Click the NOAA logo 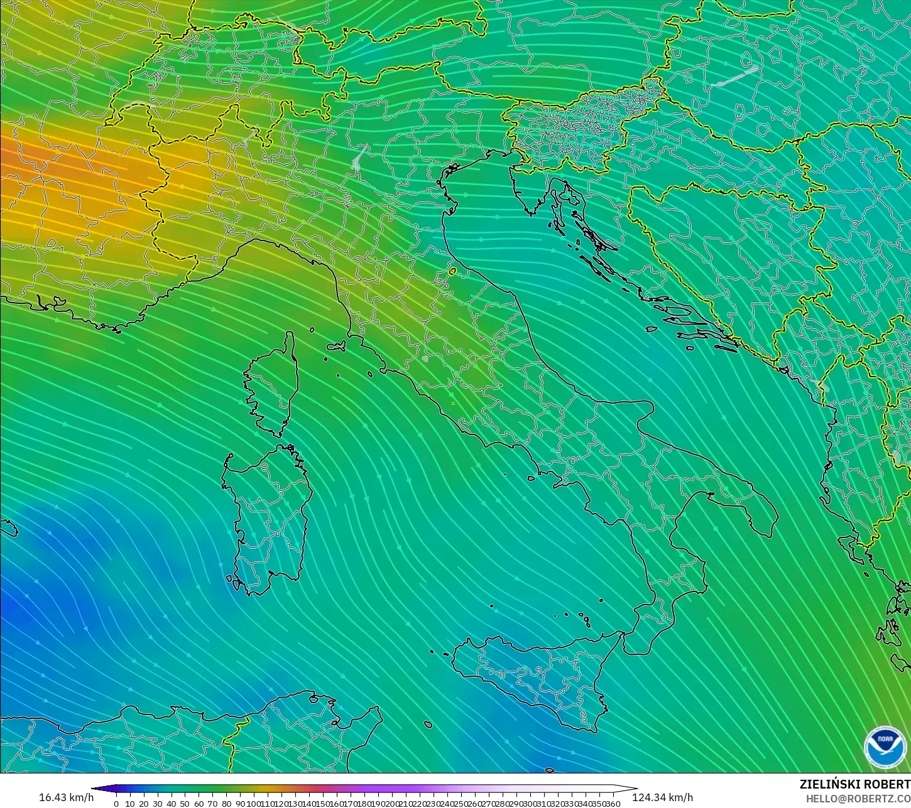(885, 748)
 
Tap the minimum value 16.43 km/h (66, 797)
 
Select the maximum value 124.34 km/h (662, 797)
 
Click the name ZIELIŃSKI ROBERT (854, 784)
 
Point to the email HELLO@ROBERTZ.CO (858, 798)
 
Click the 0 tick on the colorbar (116, 804)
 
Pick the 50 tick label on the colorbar (185, 804)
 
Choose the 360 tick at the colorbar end (613, 804)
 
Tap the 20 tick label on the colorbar (143, 804)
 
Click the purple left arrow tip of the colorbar (94, 789)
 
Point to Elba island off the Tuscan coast (336, 346)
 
